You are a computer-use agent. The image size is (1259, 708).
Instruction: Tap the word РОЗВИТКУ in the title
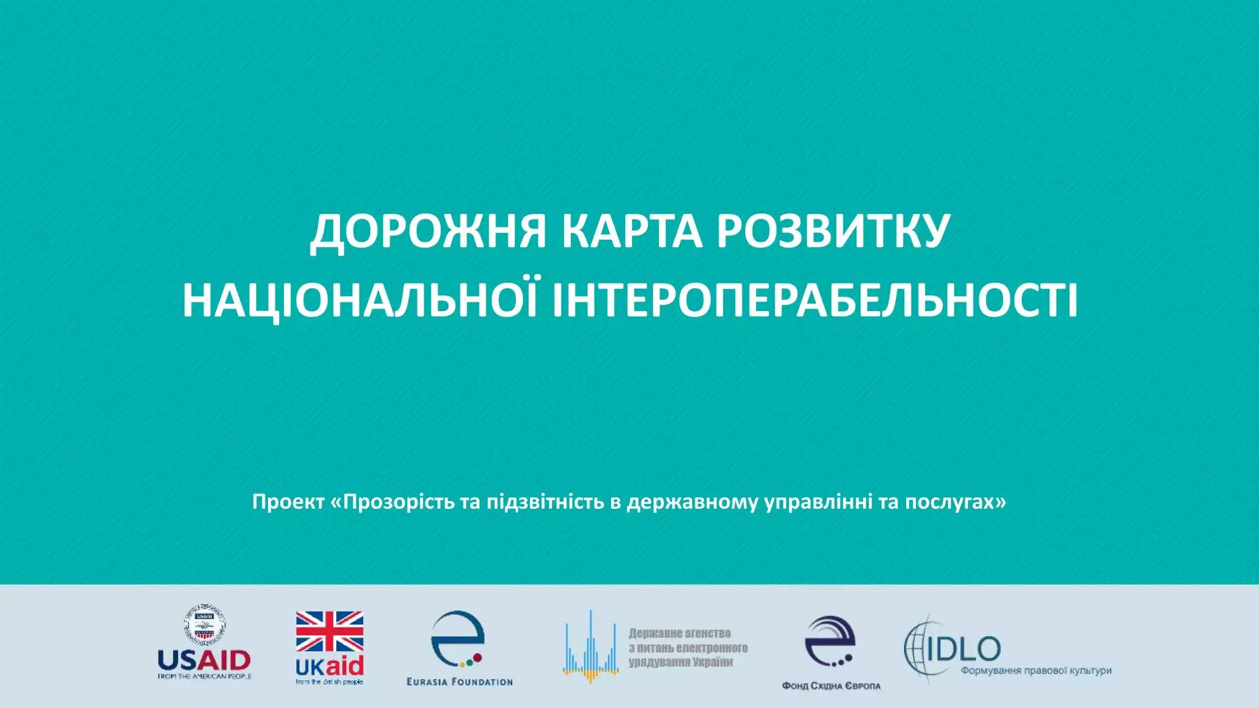833,232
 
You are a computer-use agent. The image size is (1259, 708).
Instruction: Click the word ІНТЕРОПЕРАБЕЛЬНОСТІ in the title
815,301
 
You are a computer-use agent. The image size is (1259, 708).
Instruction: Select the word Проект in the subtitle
288,502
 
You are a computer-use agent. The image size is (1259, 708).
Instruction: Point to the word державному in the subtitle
692,502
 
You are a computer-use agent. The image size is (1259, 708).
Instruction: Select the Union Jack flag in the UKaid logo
330,631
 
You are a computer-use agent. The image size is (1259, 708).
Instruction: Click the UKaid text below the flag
330,666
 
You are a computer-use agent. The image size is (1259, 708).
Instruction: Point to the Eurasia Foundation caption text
460,682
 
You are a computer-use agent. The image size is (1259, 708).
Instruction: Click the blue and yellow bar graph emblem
591,648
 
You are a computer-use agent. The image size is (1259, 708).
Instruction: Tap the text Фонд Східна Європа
831,686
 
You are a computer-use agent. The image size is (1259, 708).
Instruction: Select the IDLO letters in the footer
964,648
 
